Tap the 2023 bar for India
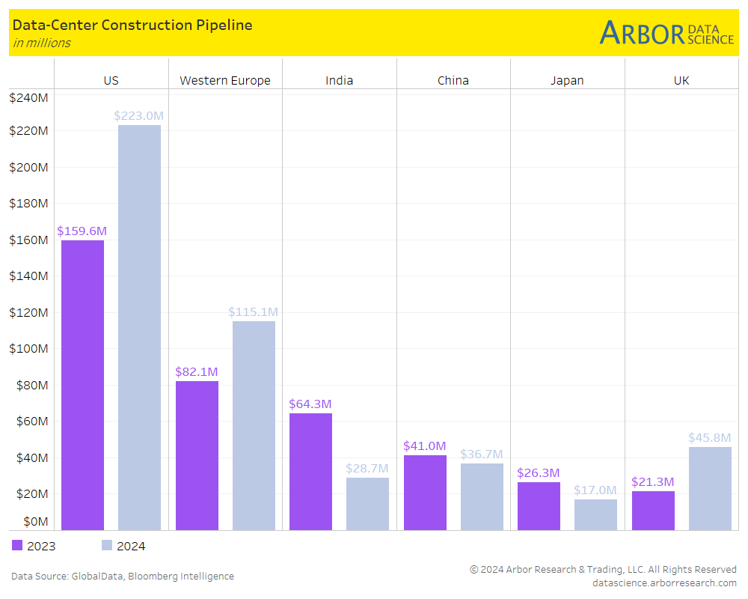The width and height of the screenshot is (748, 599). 310,472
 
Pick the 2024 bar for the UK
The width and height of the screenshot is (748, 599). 710,488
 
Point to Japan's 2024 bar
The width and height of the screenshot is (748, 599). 595,514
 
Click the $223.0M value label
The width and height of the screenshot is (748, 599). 138,116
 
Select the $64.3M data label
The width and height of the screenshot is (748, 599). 310,404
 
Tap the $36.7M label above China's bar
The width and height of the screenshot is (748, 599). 482,454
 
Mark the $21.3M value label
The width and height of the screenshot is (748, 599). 653,482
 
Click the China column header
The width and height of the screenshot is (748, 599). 453,81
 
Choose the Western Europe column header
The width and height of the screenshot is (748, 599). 225,81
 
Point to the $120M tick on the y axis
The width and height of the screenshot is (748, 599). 28,312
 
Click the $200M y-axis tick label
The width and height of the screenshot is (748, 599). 28,167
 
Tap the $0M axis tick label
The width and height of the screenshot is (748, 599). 35,521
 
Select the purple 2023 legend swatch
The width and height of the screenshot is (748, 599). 17,546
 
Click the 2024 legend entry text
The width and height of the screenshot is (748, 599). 131,546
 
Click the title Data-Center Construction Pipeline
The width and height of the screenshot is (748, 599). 132,25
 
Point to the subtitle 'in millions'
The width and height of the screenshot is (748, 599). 42,43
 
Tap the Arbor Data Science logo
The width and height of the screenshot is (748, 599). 666,33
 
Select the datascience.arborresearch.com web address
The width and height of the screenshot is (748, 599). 664,583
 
